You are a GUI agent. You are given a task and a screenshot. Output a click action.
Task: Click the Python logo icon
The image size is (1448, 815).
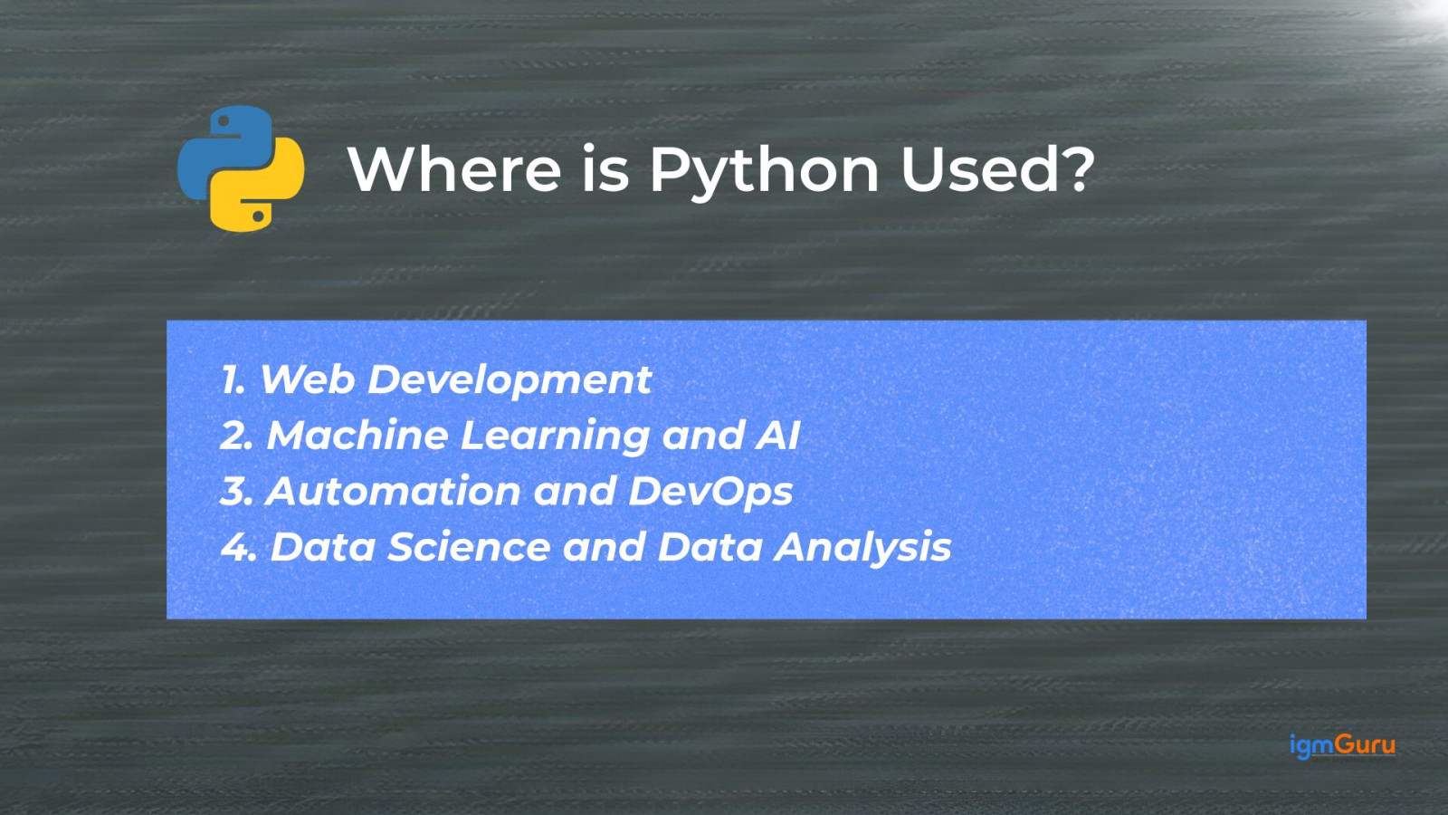click(x=241, y=168)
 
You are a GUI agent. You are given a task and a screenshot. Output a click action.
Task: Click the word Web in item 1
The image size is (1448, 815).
click(x=307, y=379)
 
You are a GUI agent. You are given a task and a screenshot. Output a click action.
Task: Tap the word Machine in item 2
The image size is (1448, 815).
click(x=357, y=435)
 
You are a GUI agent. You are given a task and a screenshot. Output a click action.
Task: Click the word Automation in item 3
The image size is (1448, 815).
click(x=393, y=491)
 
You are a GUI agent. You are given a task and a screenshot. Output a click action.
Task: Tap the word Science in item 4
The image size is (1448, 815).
click(x=470, y=547)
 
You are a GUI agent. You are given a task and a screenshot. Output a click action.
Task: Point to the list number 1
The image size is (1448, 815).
click(x=232, y=379)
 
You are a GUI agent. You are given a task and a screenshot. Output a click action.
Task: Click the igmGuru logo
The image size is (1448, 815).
click(x=1343, y=746)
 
